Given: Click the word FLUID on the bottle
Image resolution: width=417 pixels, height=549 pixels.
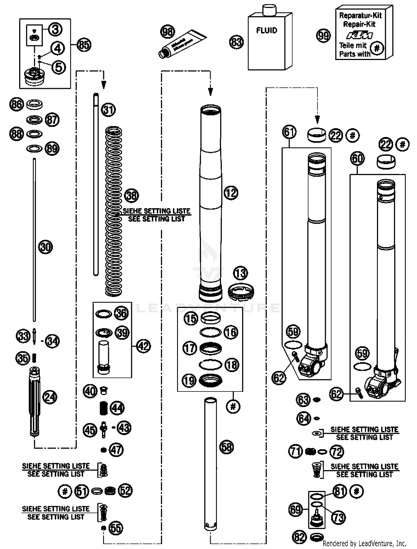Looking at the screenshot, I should pos(267,30).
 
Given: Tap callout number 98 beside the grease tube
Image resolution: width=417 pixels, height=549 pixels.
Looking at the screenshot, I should pos(168,32).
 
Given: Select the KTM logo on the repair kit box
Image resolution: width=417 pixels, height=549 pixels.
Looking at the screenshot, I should pos(359,35).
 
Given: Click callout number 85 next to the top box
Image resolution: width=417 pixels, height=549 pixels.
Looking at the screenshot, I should pos(84,45).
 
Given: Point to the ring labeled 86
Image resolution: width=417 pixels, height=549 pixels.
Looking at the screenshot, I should pos(34,105).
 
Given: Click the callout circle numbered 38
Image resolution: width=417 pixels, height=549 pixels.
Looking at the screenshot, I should pos(131,195).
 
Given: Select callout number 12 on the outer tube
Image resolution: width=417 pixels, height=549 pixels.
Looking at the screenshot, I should pos(231,193).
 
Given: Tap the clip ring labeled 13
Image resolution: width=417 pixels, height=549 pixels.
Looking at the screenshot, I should pos(241,291).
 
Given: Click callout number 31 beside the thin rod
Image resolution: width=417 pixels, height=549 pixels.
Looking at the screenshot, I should pos(108,109).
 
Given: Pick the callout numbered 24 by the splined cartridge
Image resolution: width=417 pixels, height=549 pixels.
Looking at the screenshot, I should pos(50,397).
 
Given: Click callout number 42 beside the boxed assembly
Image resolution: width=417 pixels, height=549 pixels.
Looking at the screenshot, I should pos(143,346).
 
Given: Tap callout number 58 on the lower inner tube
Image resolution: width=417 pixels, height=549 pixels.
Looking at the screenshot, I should pos(227,447).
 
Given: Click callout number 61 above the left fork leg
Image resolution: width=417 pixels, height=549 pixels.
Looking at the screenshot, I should pos(289,132).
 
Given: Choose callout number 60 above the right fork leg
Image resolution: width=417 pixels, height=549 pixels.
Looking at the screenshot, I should pos(357,159).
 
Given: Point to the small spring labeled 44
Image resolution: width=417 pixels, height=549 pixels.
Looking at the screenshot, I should pos(104,408).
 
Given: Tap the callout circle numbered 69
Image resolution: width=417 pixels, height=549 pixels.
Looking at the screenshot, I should pos(295,510).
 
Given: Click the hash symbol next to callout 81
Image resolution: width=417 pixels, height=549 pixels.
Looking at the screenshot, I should pos(357,491).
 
